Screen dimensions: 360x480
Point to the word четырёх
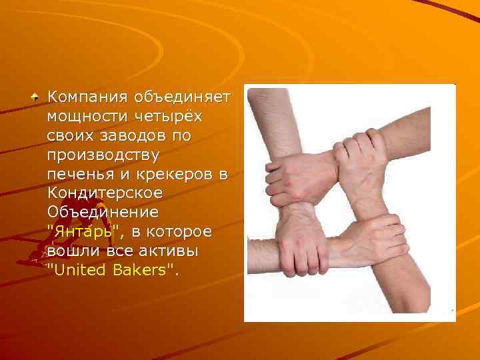(170, 117)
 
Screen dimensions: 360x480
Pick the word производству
(103, 155)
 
